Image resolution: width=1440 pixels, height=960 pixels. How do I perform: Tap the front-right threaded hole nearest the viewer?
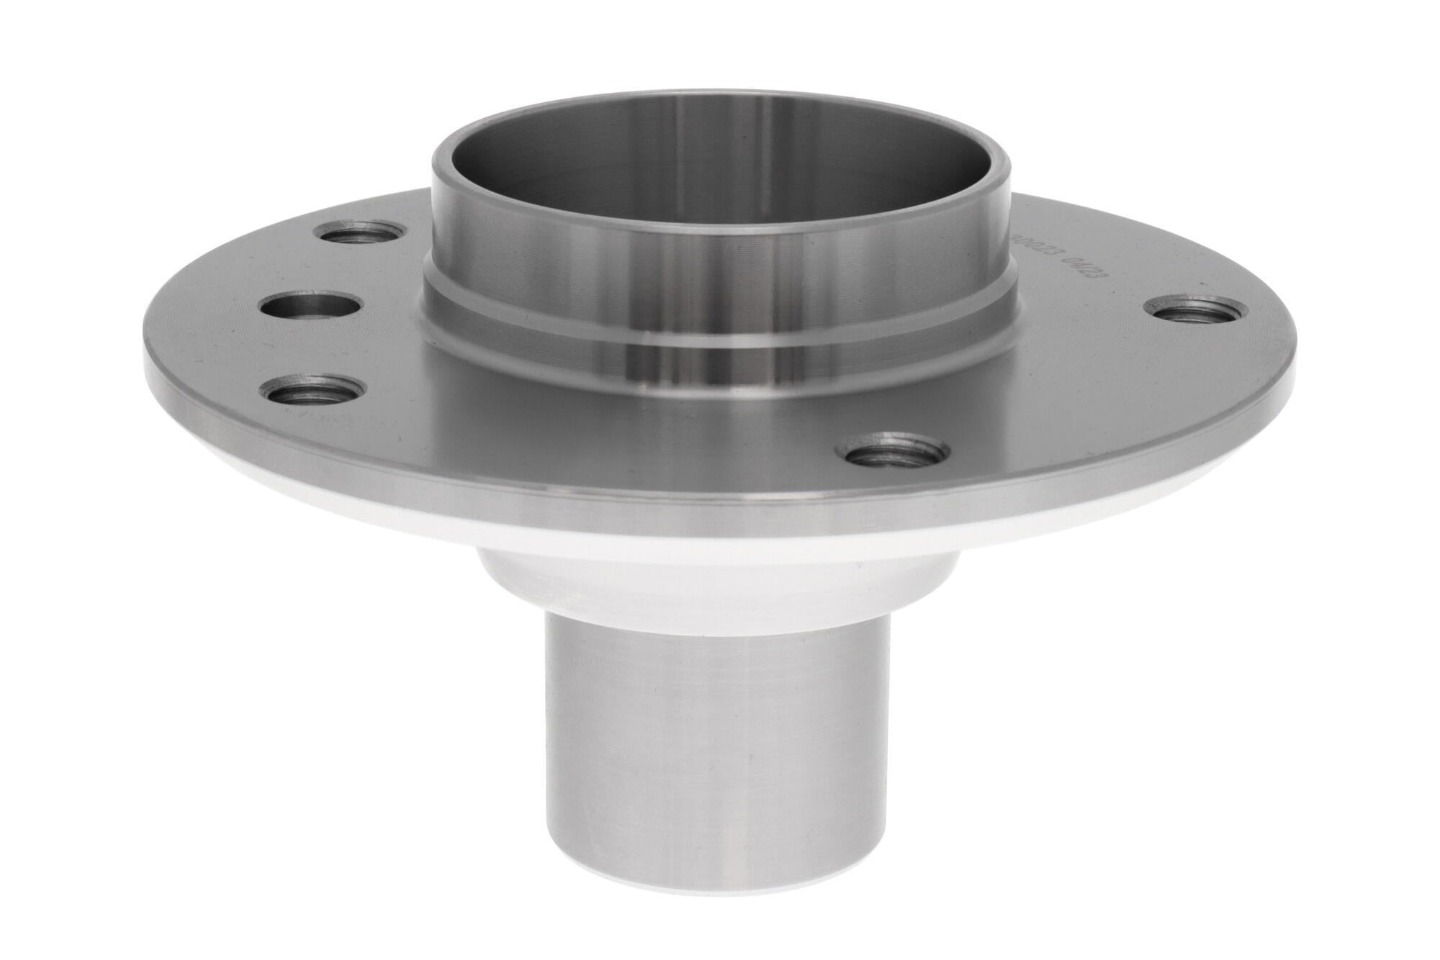coord(888,452)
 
